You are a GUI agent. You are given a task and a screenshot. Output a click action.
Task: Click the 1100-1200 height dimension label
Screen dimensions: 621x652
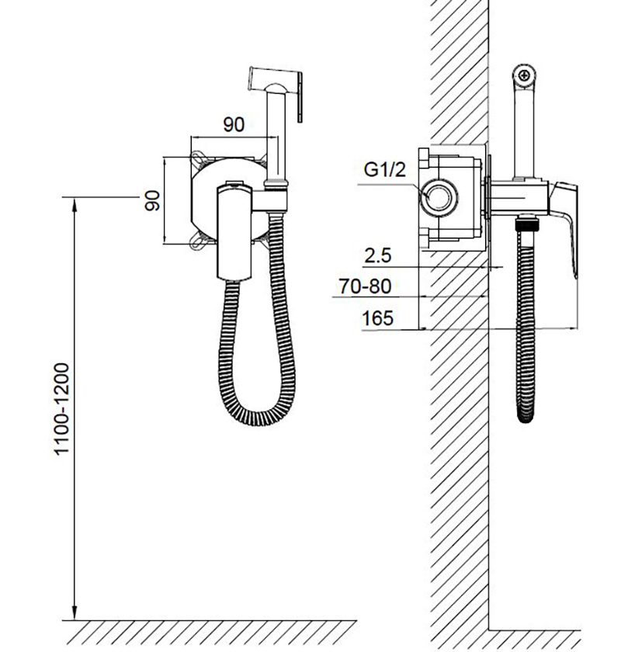click(x=61, y=409)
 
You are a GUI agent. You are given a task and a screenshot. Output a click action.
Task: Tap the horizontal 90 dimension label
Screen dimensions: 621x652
click(x=234, y=124)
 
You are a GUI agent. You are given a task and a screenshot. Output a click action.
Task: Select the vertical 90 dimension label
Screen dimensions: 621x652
click(x=152, y=200)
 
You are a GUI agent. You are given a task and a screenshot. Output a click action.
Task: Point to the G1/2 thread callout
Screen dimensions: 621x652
click(x=384, y=170)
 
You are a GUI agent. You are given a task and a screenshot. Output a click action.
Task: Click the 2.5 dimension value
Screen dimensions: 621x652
click(x=378, y=255)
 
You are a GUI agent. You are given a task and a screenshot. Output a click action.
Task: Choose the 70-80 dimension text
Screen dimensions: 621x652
click(x=365, y=286)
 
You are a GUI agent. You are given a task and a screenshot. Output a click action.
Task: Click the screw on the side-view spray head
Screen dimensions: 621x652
click(x=524, y=76)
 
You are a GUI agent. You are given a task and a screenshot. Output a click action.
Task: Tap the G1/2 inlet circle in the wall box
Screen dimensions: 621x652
click(x=439, y=197)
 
